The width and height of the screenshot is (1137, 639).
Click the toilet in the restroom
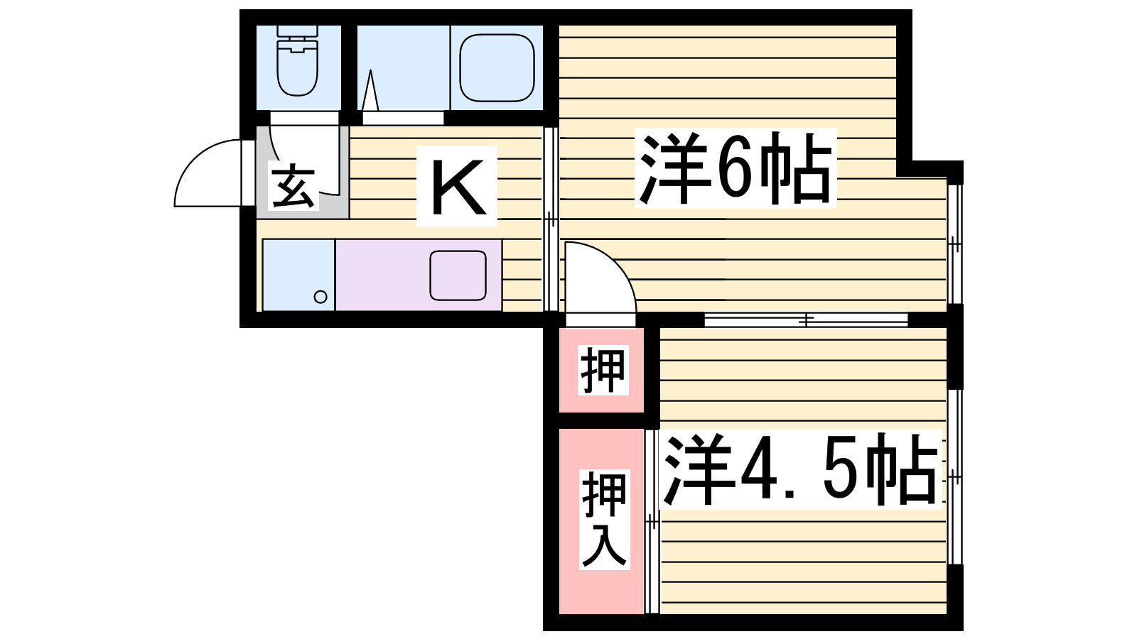pyautogui.click(x=298, y=60)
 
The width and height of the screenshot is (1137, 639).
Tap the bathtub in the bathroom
pyautogui.click(x=497, y=68)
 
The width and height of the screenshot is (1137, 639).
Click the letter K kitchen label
pyautogui.click(x=457, y=186)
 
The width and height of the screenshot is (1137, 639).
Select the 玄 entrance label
pyautogui.click(x=293, y=186)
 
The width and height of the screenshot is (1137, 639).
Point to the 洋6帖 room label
pyautogui.click(x=735, y=168)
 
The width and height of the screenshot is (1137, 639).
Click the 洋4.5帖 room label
pyautogui.click(x=800, y=469)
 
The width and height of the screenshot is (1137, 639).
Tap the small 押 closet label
pyautogui.click(x=603, y=370)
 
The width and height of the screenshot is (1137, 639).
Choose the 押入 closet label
pyautogui.click(x=604, y=519)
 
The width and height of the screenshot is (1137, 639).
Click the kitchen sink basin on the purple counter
pyautogui.click(x=458, y=275)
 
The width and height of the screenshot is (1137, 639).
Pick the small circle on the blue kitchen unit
pyautogui.click(x=320, y=297)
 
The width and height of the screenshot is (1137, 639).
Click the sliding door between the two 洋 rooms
pyautogui.click(x=806, y=320)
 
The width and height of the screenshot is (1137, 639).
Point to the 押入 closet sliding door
pyautogui.click(x=652, y=521)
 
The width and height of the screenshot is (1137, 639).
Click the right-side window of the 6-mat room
pyautogui.click(x=955, y=244)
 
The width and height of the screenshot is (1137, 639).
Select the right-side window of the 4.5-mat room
pyautogui.click(x=955, y=477)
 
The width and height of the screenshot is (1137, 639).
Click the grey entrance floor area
pyautogui.click(x=303, y=173)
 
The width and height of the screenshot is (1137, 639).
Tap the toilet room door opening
pyautogui.click(x=304, y=118)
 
